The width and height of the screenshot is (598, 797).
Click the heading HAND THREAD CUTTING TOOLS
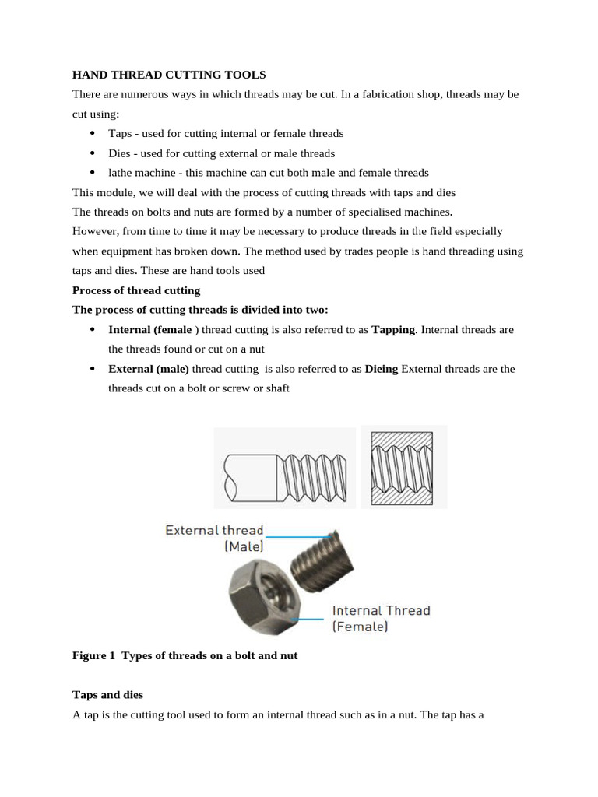pos(169,75)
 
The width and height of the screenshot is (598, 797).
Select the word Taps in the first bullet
pos(120,134)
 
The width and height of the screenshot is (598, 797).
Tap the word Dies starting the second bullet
pos(120,153)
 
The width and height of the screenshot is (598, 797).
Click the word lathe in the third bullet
pos(121,173)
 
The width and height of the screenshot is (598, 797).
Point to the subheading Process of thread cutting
pos(136,290)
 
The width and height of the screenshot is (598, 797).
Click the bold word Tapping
pos(393,330)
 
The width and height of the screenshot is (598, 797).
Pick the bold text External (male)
pos(149,369)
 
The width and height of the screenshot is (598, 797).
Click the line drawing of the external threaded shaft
pos(284,468)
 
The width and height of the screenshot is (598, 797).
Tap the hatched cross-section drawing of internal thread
pos(403,467)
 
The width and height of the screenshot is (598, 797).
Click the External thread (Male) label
pos(214,539)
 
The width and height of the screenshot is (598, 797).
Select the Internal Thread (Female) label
pos(381,618)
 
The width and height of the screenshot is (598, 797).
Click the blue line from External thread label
pos(300,536)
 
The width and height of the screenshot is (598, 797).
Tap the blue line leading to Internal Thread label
pos(308,619)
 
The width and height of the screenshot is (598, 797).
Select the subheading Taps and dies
pos(107,694)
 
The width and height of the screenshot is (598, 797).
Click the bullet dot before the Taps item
pos(93,134)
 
